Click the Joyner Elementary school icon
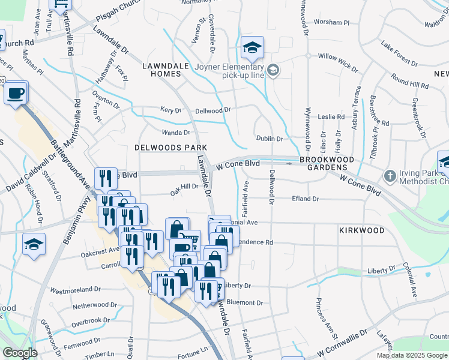click(x=253, y=47)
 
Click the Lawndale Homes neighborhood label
click(x=161, y=70)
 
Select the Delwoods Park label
click(x=170, y=147)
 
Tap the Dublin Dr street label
click(x=270, y=139)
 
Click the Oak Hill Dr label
click(x=184, y=187)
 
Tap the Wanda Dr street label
click(x=176, y=133)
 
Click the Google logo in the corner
click(x=20, y=353)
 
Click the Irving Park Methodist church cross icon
click(x=390, y=176)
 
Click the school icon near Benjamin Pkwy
click(x=34, y=244)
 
